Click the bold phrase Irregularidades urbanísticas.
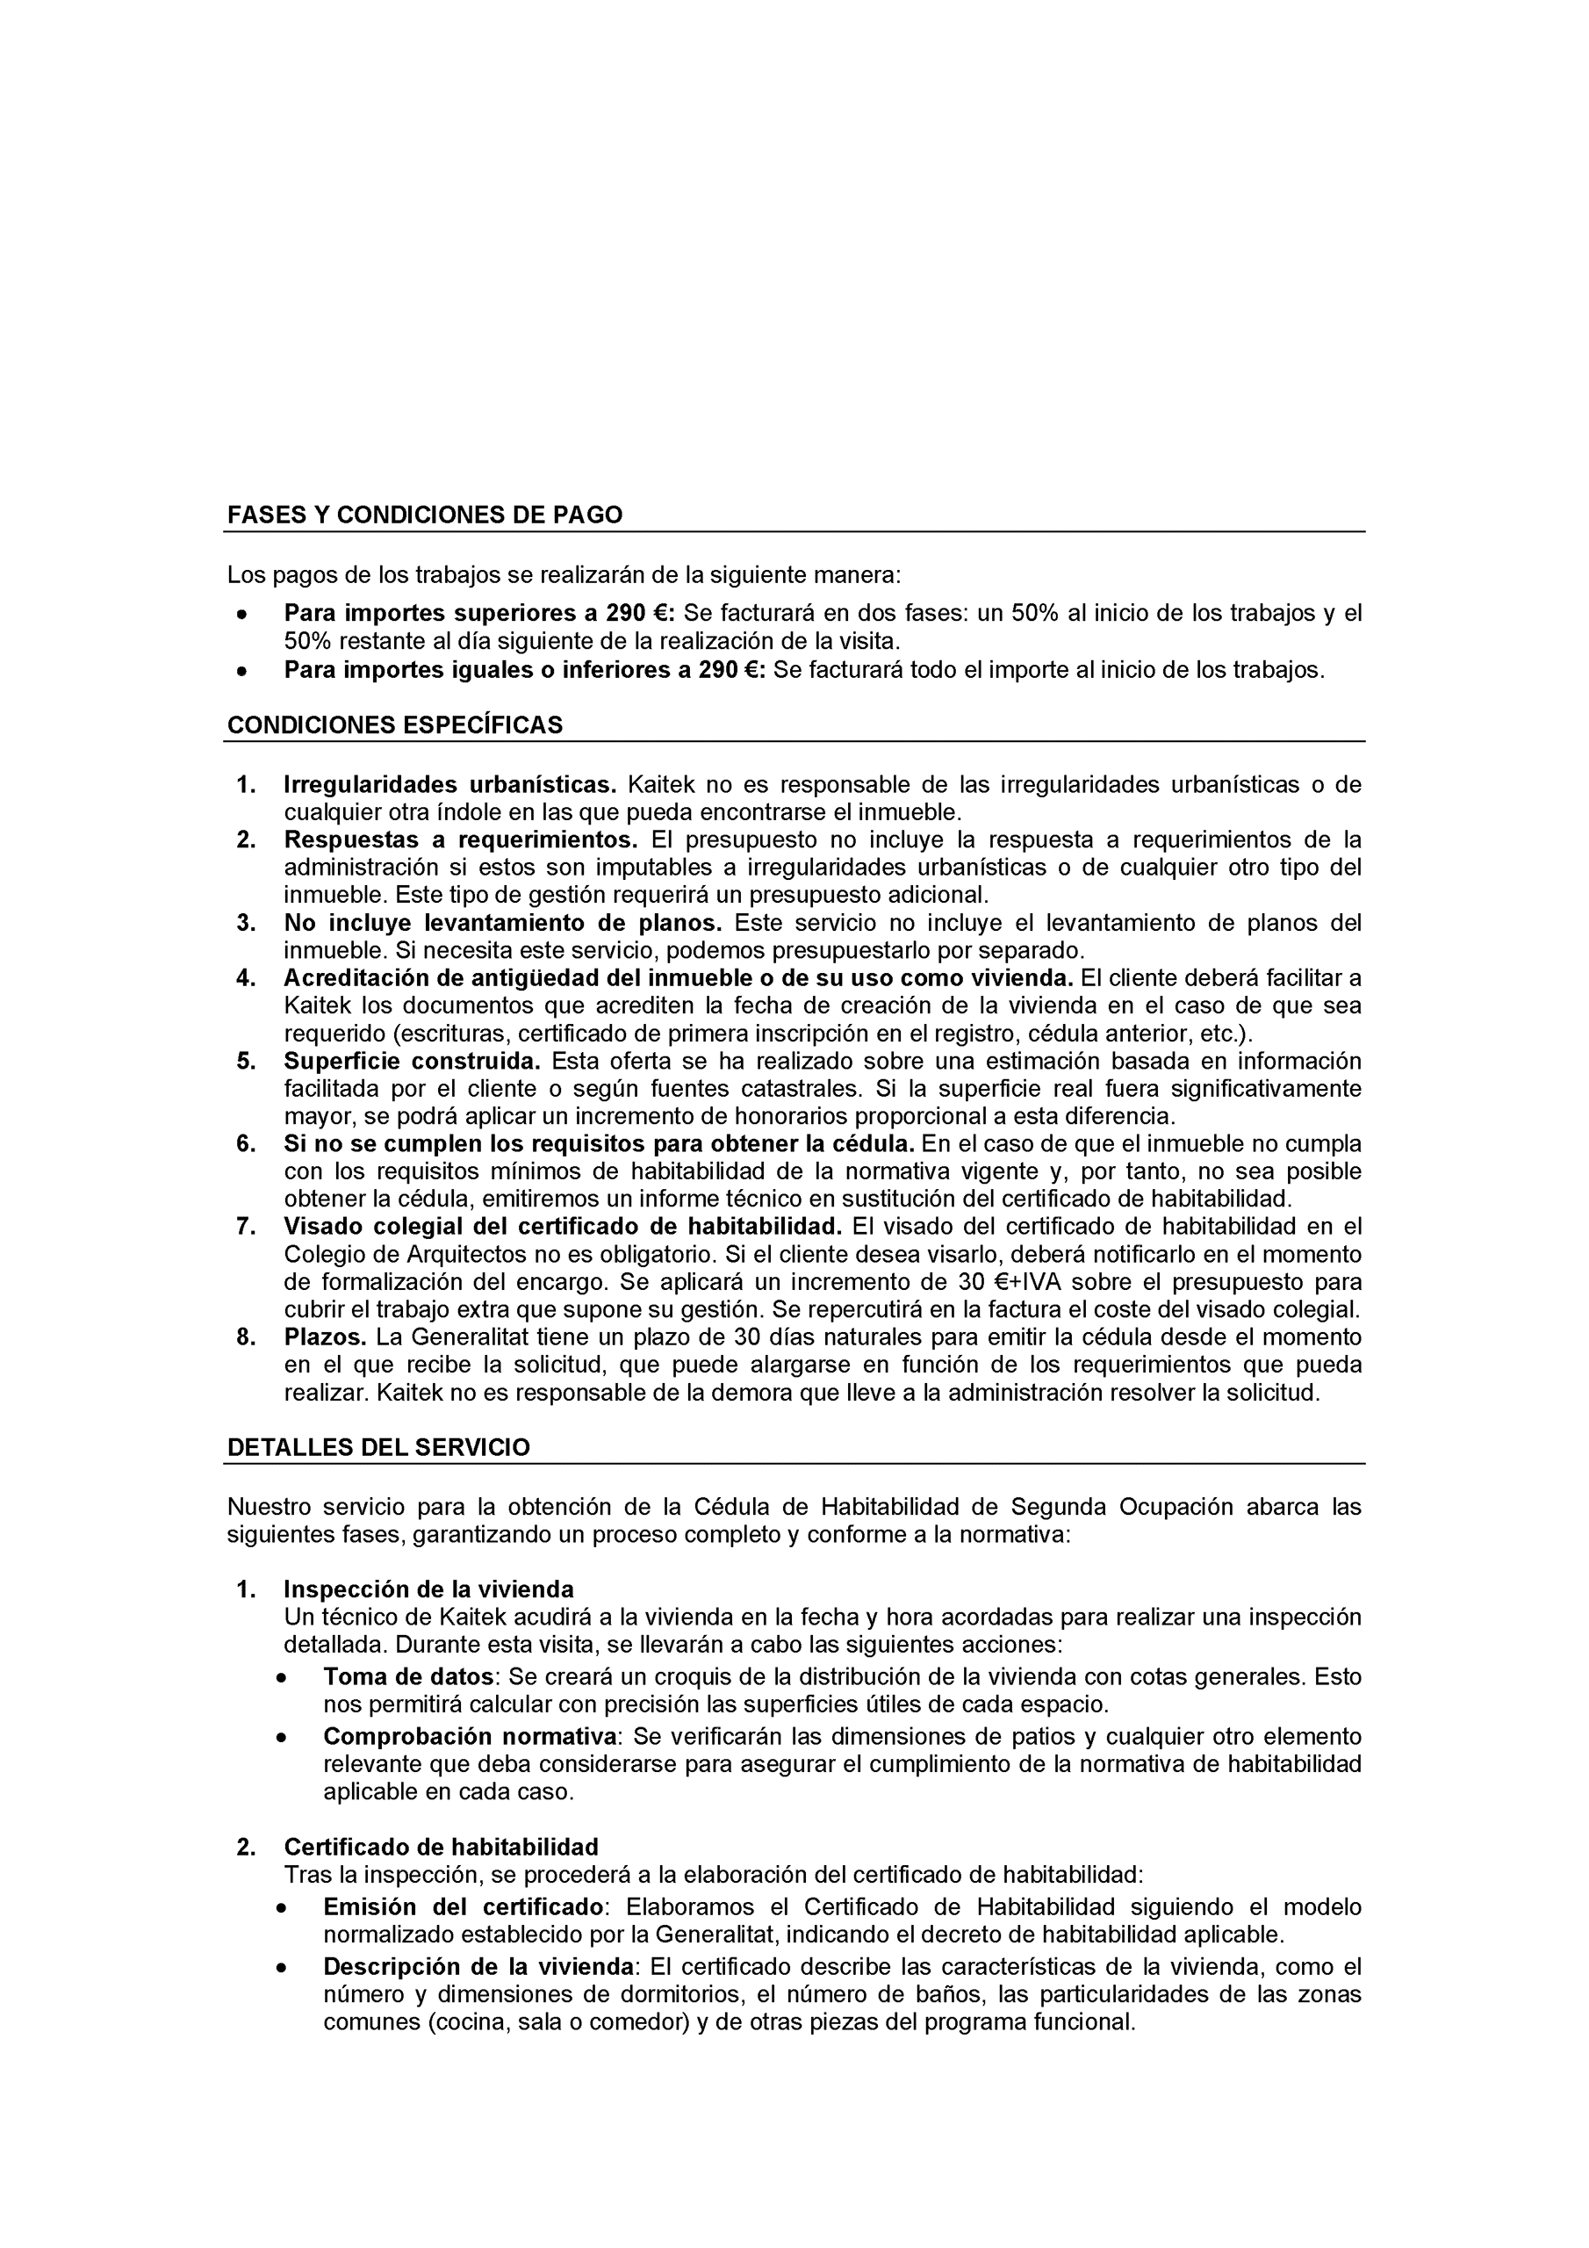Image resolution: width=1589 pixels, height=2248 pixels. [x=450, y=784]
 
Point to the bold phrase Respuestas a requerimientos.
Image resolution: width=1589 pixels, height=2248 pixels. [x=460, y=839]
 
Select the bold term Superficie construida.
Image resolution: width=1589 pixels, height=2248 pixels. [x=413, y=1062]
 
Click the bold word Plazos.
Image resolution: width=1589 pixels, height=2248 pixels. [x=325, y=1337]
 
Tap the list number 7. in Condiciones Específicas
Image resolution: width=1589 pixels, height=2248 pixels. [x=246, y=1227]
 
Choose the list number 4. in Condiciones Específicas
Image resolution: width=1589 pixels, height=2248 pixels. [x=246, y=978]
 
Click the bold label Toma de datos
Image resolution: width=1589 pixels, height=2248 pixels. [x=408, y=1676]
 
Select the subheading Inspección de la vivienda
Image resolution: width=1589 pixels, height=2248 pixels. [x=428, y=1589]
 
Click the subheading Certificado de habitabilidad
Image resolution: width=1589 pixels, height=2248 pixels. [x=441, y=1847]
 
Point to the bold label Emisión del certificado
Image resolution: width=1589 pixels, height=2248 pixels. [x=463, y=1907]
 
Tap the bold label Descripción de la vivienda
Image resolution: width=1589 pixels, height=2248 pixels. [x=478, y=1967]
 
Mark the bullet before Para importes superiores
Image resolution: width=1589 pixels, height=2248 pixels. [x=241, y=615]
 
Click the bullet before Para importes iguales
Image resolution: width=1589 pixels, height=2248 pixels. [x=241, y=672]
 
